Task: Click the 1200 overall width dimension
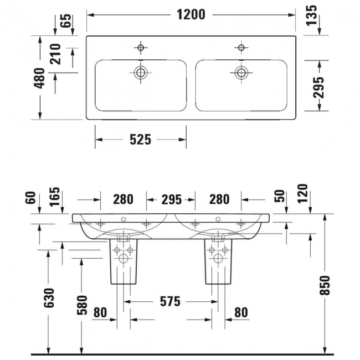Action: [x=191, y=15]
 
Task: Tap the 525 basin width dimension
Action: [x=141, y=140]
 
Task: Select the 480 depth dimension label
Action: [x=39, y=78]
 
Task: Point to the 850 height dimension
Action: [x=325, y=285]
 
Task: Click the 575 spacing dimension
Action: [x=170, y=301]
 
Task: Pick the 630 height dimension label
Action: [x=49, y=298]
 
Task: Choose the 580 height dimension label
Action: [x=82, y=305]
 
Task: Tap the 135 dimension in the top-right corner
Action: [x=312, y=15]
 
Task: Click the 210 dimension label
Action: [x=56, y=54]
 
